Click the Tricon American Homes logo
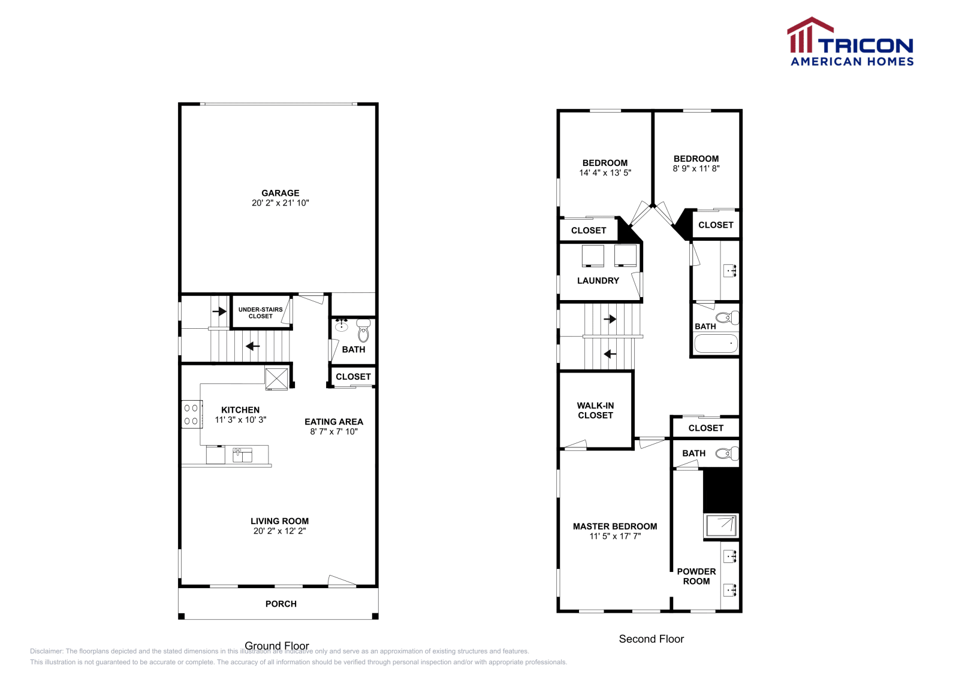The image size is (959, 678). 850,41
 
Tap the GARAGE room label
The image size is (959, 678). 281,193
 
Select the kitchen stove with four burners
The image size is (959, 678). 192,414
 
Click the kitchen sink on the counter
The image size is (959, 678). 242,455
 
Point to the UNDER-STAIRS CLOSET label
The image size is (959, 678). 260,313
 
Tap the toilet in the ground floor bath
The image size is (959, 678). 363,330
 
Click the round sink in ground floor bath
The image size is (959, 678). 341,326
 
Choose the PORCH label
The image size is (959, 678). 281,604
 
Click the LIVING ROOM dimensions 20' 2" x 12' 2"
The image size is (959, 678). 279,531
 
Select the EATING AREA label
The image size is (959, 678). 334,422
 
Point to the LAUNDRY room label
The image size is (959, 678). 598,281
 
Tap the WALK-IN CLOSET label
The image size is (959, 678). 596,410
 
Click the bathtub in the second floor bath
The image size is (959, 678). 716,343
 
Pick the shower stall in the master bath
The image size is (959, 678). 722,526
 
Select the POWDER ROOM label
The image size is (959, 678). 696,576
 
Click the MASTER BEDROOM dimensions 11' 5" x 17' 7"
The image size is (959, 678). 615,537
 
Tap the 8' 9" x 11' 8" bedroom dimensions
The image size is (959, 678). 696,168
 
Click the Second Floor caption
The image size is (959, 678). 651,639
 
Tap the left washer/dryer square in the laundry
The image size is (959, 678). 593,256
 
